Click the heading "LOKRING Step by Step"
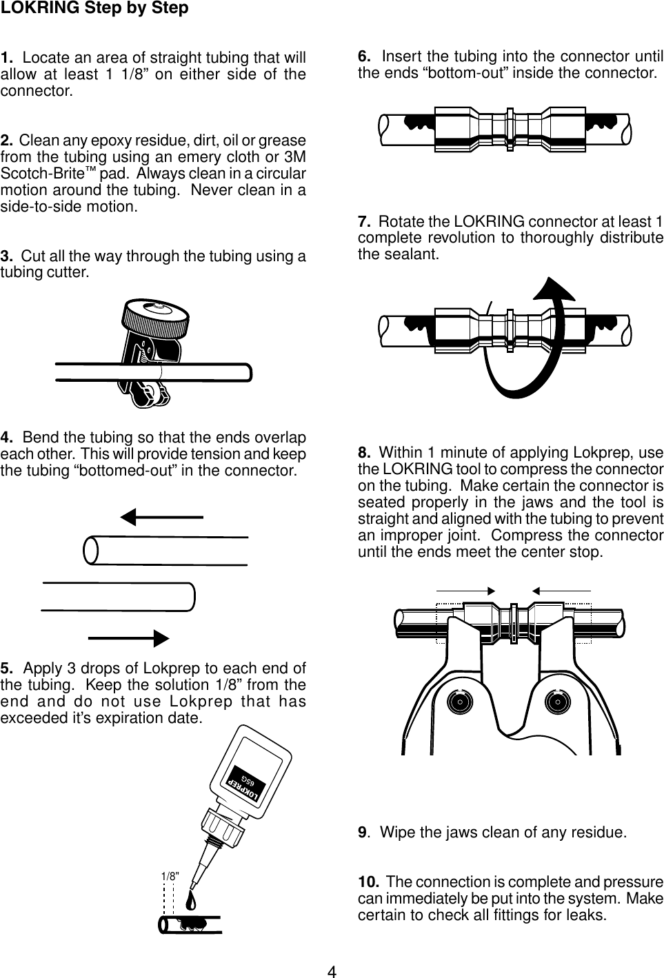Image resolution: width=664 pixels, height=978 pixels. point(94,9)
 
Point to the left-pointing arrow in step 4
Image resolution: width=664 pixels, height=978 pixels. point(161,516)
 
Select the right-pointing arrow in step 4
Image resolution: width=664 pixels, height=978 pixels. point(129,638)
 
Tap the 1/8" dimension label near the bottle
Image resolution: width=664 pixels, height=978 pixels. point(170,876)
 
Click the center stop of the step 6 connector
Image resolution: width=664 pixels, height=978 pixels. point(509,127)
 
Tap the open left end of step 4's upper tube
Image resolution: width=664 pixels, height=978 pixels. point(90,550)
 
